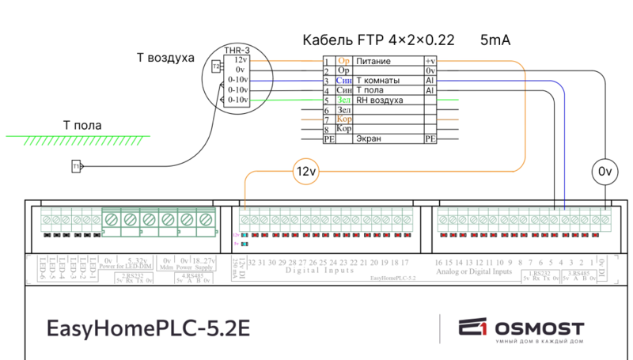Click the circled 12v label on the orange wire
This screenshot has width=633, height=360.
305,171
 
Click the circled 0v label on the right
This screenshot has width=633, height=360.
605,171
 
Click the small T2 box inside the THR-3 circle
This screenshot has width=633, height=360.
215,66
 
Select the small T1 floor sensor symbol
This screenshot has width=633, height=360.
77,167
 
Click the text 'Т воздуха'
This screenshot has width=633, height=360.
165,58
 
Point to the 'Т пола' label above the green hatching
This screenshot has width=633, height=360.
82,125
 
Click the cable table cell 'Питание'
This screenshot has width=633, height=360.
373,61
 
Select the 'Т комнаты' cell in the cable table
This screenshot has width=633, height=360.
378,81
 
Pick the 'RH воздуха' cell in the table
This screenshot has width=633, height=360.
380,100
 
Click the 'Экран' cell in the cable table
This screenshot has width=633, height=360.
369,138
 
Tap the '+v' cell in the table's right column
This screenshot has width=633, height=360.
430,61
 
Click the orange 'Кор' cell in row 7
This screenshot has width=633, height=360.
344,119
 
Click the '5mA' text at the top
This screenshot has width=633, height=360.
495,39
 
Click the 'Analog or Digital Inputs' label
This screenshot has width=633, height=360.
474,271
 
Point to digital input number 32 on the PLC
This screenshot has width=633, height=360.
251,262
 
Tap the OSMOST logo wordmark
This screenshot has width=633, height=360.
540,328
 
